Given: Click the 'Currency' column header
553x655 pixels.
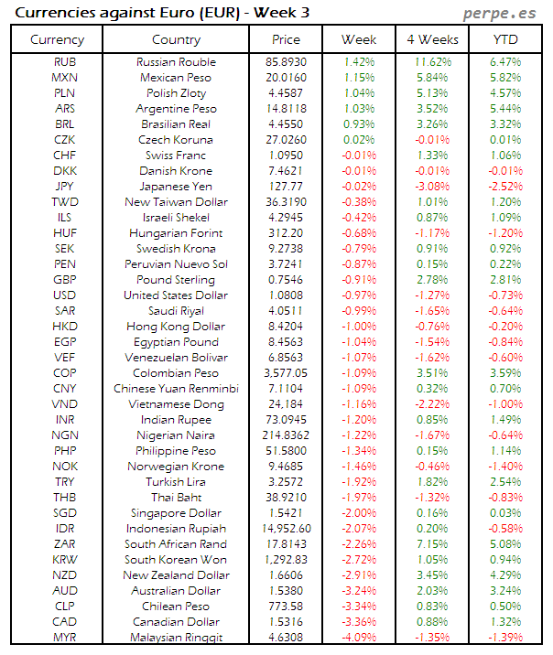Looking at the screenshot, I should (x=57, y=39).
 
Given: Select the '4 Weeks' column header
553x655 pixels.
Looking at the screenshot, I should (x=431, y=39).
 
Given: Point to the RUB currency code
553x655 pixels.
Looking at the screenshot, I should (x=65, y=62).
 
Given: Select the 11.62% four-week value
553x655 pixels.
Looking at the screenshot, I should (x=431, y=62).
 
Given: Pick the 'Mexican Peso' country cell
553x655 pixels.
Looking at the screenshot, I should (x=176, y=78).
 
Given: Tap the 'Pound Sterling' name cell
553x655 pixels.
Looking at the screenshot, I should (x=176, y=280).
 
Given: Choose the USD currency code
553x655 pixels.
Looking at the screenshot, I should (x=65, y=295).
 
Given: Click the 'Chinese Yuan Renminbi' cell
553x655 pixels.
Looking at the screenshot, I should (x=176, y=389).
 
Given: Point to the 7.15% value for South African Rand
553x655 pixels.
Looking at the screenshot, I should (x=431, y=544).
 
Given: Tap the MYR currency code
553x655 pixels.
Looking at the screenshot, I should (x=65, y=638).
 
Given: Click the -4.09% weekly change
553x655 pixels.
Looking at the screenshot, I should (x=358, y=638).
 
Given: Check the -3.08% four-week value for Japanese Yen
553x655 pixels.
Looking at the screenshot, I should (x=431, y=187).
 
